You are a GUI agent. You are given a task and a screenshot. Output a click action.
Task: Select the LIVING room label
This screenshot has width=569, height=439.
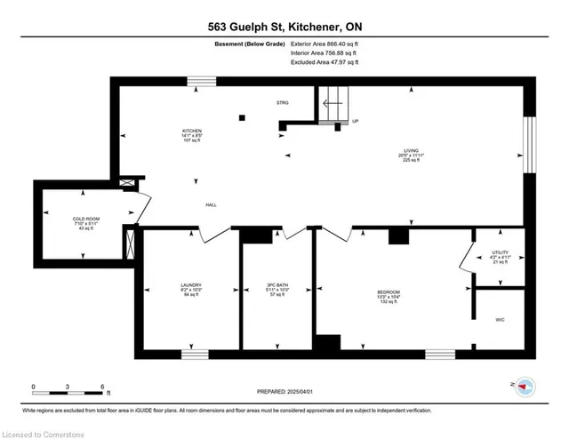pyautogui.click(x=408, y=151)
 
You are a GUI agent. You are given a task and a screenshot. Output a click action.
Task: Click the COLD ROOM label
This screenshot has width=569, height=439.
pyautogui.click(x=84, y=219)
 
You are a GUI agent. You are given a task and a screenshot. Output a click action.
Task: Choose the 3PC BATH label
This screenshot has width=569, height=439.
pyautogui.click(x=277, y=285)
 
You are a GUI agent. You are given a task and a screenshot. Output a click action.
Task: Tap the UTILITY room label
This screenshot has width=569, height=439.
pyautogui.click(x=499, y=252)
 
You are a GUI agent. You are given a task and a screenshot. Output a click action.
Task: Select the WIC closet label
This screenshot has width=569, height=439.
pyautogui.click(x=498, y=322)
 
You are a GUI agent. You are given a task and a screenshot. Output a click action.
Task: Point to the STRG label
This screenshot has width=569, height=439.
pyautogui.click(x=283, y=103)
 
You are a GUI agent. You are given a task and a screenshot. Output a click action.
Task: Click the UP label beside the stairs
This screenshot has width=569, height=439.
pyautogui.click(x=356, y=121)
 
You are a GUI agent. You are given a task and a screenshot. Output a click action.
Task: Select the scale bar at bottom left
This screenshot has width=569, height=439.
pyautogui.click(x=68, y=391)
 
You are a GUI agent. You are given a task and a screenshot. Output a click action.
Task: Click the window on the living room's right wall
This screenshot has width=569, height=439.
pyautogui.click(x=530, y=146)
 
